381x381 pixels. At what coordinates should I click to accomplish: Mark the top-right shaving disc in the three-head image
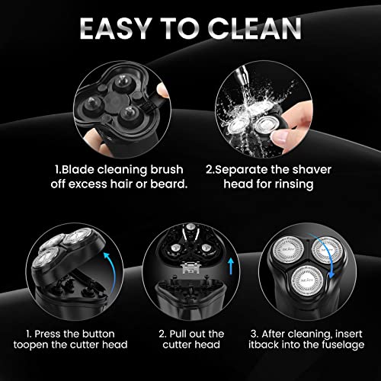tap(328, 249)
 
